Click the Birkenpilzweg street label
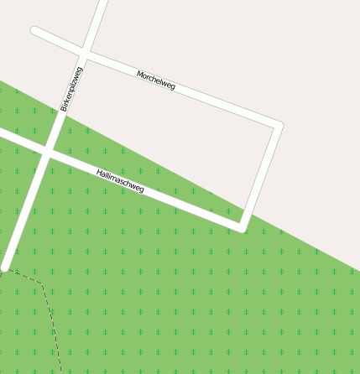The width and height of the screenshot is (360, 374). [72, 89]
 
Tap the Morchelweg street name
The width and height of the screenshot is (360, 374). [156, 81]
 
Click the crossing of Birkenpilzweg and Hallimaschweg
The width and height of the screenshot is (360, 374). [48, 152]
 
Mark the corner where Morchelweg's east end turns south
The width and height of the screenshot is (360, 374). [278, 127]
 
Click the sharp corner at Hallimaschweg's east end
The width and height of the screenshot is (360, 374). [243, 227]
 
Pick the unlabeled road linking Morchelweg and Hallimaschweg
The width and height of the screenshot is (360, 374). [261, 176]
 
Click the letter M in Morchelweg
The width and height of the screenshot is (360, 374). [139, 74]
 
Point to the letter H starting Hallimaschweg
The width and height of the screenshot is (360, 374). [99, 173]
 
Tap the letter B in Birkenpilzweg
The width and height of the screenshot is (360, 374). [63, 108]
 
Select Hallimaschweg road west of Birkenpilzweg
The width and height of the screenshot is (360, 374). [21, 141]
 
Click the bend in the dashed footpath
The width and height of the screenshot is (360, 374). [41, 283]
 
